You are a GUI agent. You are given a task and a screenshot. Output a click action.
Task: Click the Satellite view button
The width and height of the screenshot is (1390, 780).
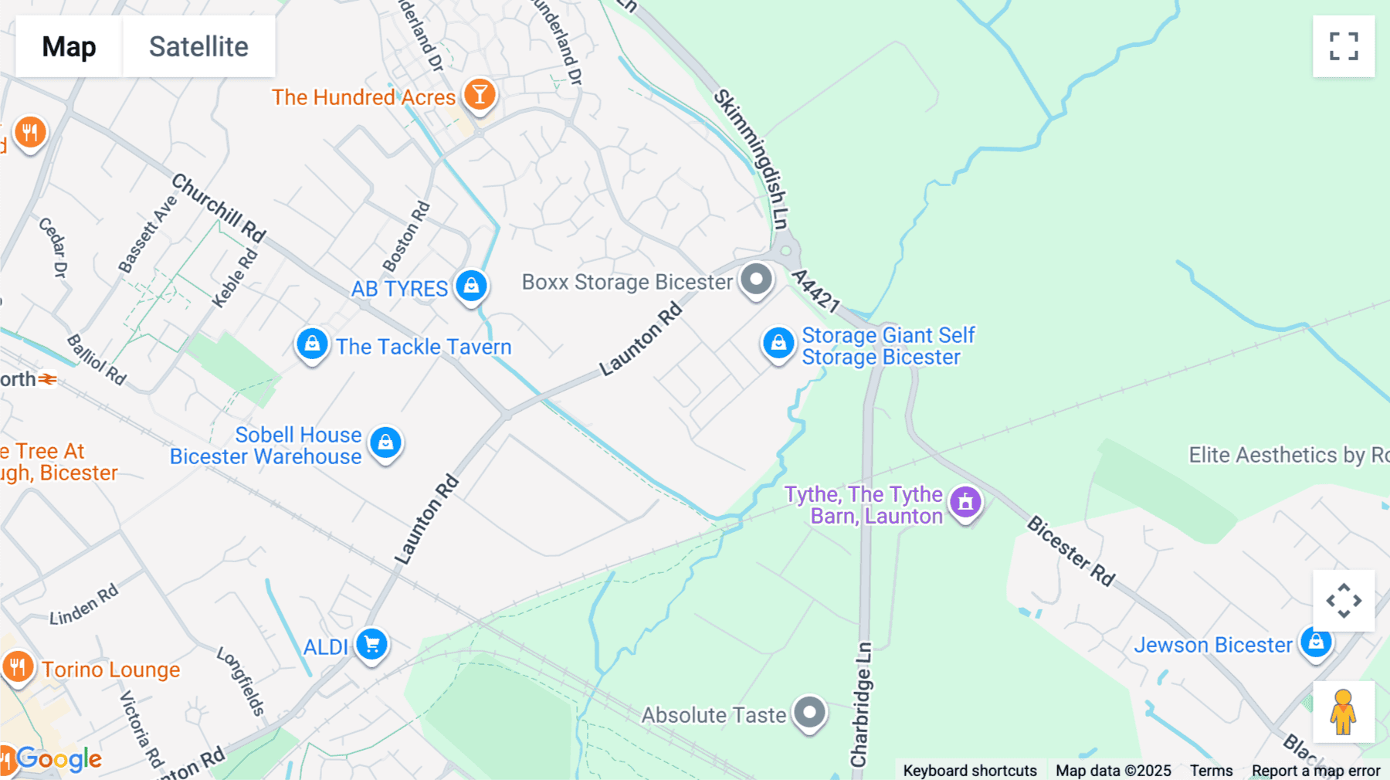pos(198,46)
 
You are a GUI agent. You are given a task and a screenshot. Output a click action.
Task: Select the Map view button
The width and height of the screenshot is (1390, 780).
pos(69,46)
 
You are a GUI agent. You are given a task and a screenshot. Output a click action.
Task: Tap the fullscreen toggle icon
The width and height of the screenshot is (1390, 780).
pos(1344,46)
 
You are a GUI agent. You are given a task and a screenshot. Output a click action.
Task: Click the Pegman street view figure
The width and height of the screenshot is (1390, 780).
pos(1343,712)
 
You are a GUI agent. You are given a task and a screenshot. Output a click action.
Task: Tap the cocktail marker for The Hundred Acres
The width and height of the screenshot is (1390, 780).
pos(480,95)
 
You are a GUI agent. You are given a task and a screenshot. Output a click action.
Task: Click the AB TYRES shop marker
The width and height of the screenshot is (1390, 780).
pos(471,286)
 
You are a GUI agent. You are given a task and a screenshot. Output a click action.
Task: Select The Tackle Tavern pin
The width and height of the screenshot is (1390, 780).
pos(312,344)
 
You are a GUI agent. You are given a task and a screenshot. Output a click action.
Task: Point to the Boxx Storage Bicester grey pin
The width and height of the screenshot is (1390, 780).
pos(756,279)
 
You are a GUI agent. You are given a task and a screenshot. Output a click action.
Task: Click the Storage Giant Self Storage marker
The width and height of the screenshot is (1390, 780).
pos(778,343)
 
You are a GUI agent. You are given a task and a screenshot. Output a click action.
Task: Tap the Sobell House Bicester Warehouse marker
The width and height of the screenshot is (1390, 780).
pos(385,443)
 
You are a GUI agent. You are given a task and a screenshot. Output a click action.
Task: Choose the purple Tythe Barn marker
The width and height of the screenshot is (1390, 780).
pos(965,503)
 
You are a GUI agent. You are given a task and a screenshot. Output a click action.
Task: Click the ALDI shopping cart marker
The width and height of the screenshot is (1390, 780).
pos(371,644)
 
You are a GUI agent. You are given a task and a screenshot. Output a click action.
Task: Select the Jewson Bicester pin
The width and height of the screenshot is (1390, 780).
pos(1316,642)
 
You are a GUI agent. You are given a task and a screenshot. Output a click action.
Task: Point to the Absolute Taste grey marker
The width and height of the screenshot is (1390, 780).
pos(809,712)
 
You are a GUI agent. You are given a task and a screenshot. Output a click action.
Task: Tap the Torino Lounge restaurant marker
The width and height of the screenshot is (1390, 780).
pos(18,666)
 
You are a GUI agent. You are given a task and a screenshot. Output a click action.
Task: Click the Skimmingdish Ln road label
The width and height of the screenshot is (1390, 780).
pos(751,159)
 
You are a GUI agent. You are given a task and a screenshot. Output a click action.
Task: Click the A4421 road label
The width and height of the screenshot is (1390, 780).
pos(815,290)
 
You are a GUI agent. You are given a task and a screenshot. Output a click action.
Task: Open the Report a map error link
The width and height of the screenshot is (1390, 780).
pos(1316,771)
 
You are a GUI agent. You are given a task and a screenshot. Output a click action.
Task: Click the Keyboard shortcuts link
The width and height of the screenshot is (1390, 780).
pos(970,771)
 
